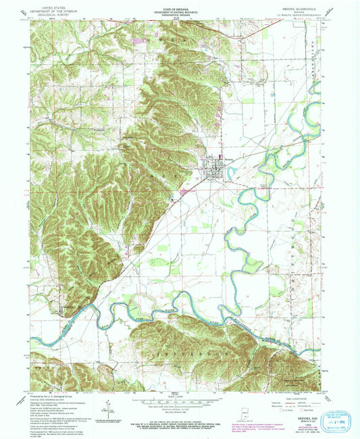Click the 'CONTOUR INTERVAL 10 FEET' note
pos(179,409)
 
